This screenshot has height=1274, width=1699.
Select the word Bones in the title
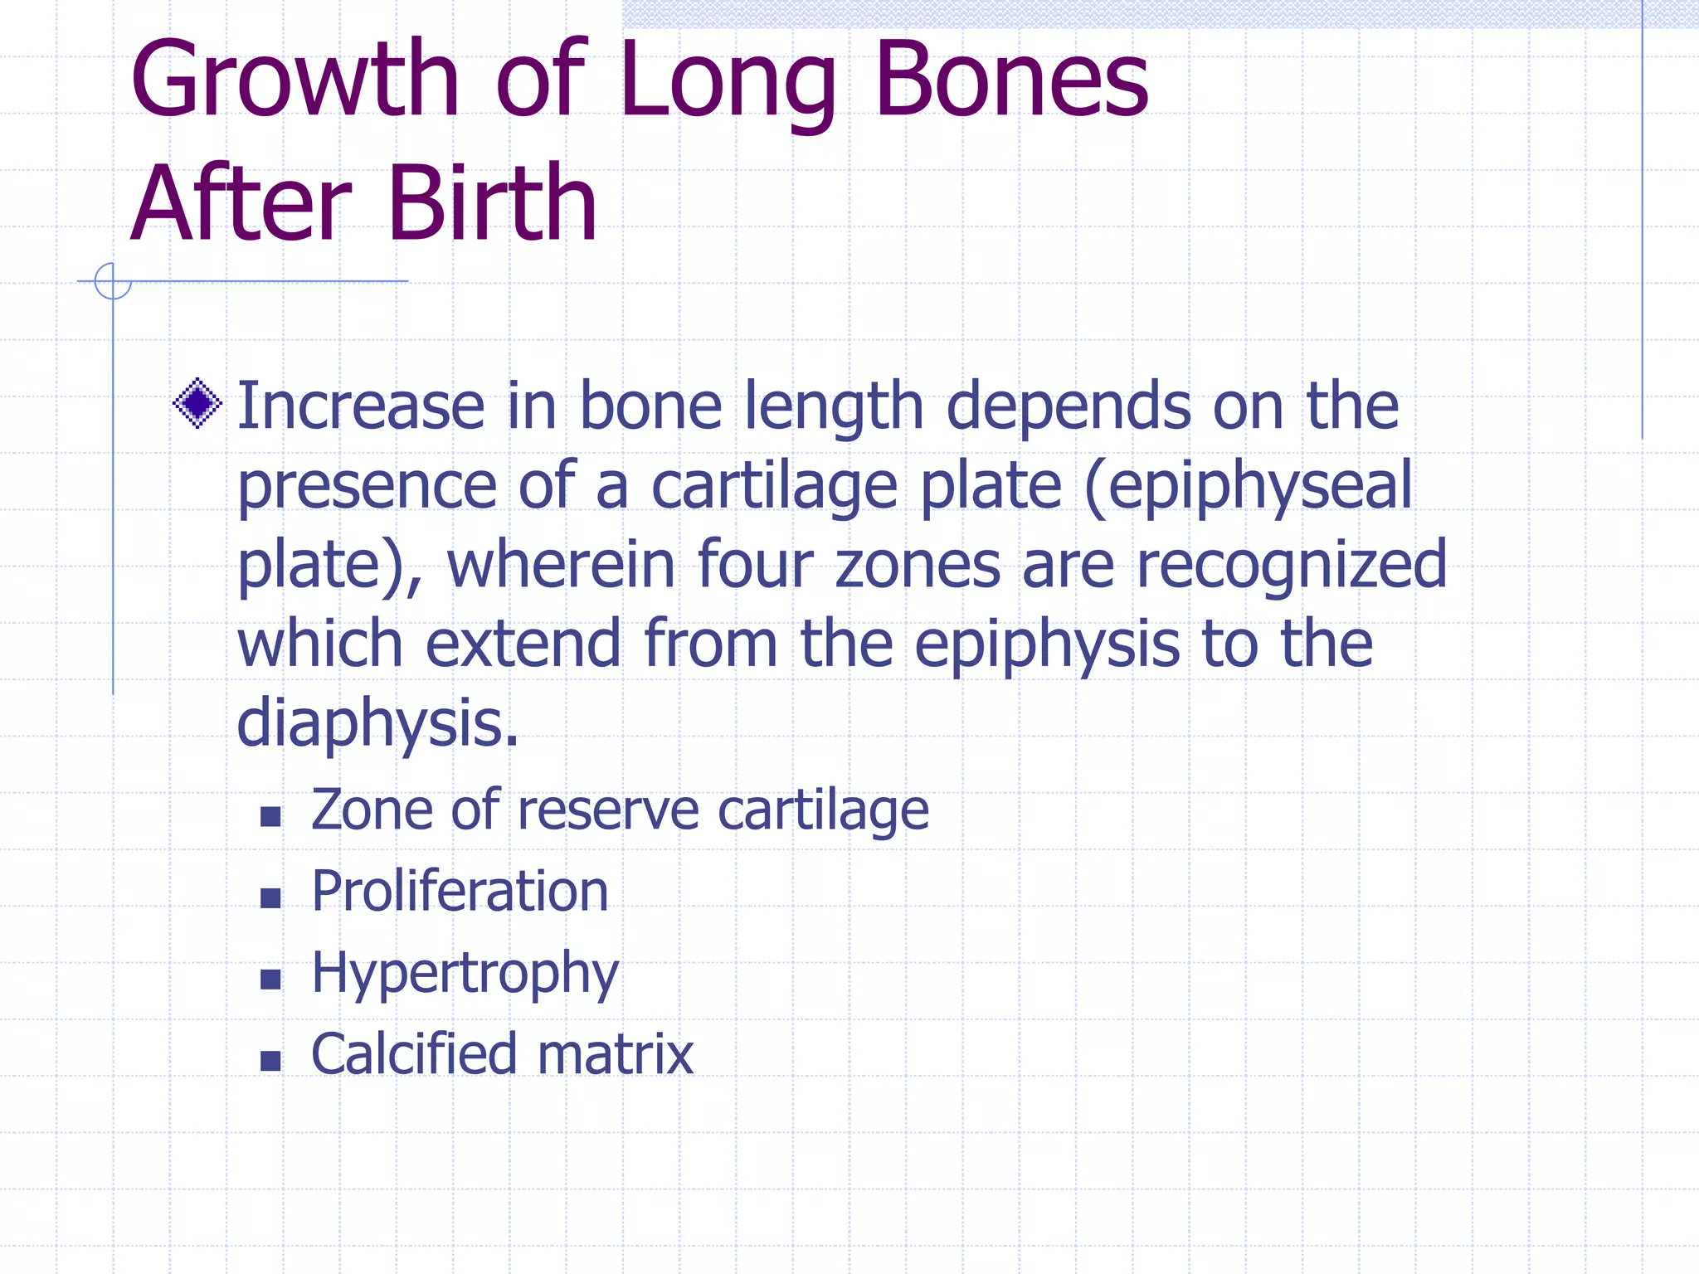pyautogui.click(x=1011, y=79)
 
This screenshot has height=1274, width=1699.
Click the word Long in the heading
pyautogui.click(x=727, y=83)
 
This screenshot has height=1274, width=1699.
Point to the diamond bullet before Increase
pyautogui.click(x=197, y=404)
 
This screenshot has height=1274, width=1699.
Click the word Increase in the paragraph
pyautogui.click(x=361, y=406)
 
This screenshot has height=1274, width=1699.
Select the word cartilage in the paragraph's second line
pyautogui.click(x=774, y=486)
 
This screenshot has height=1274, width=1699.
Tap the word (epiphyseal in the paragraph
pyautogui.click(x=1248, y=486)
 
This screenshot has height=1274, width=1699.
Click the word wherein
pyautogui.click(x=561, y=564)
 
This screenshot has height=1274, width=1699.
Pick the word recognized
pyautogui.click(x=1291, y=565)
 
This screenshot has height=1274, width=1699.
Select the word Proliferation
pyautogui.click(x=460, y=892)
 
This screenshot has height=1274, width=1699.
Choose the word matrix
pyautogui.click(x=615, y=1054)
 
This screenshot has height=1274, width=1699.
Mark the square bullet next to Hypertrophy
pyautogui.click(x=270, y=980)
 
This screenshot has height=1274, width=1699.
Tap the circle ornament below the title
pyautogui.click(x=113, y=281)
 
